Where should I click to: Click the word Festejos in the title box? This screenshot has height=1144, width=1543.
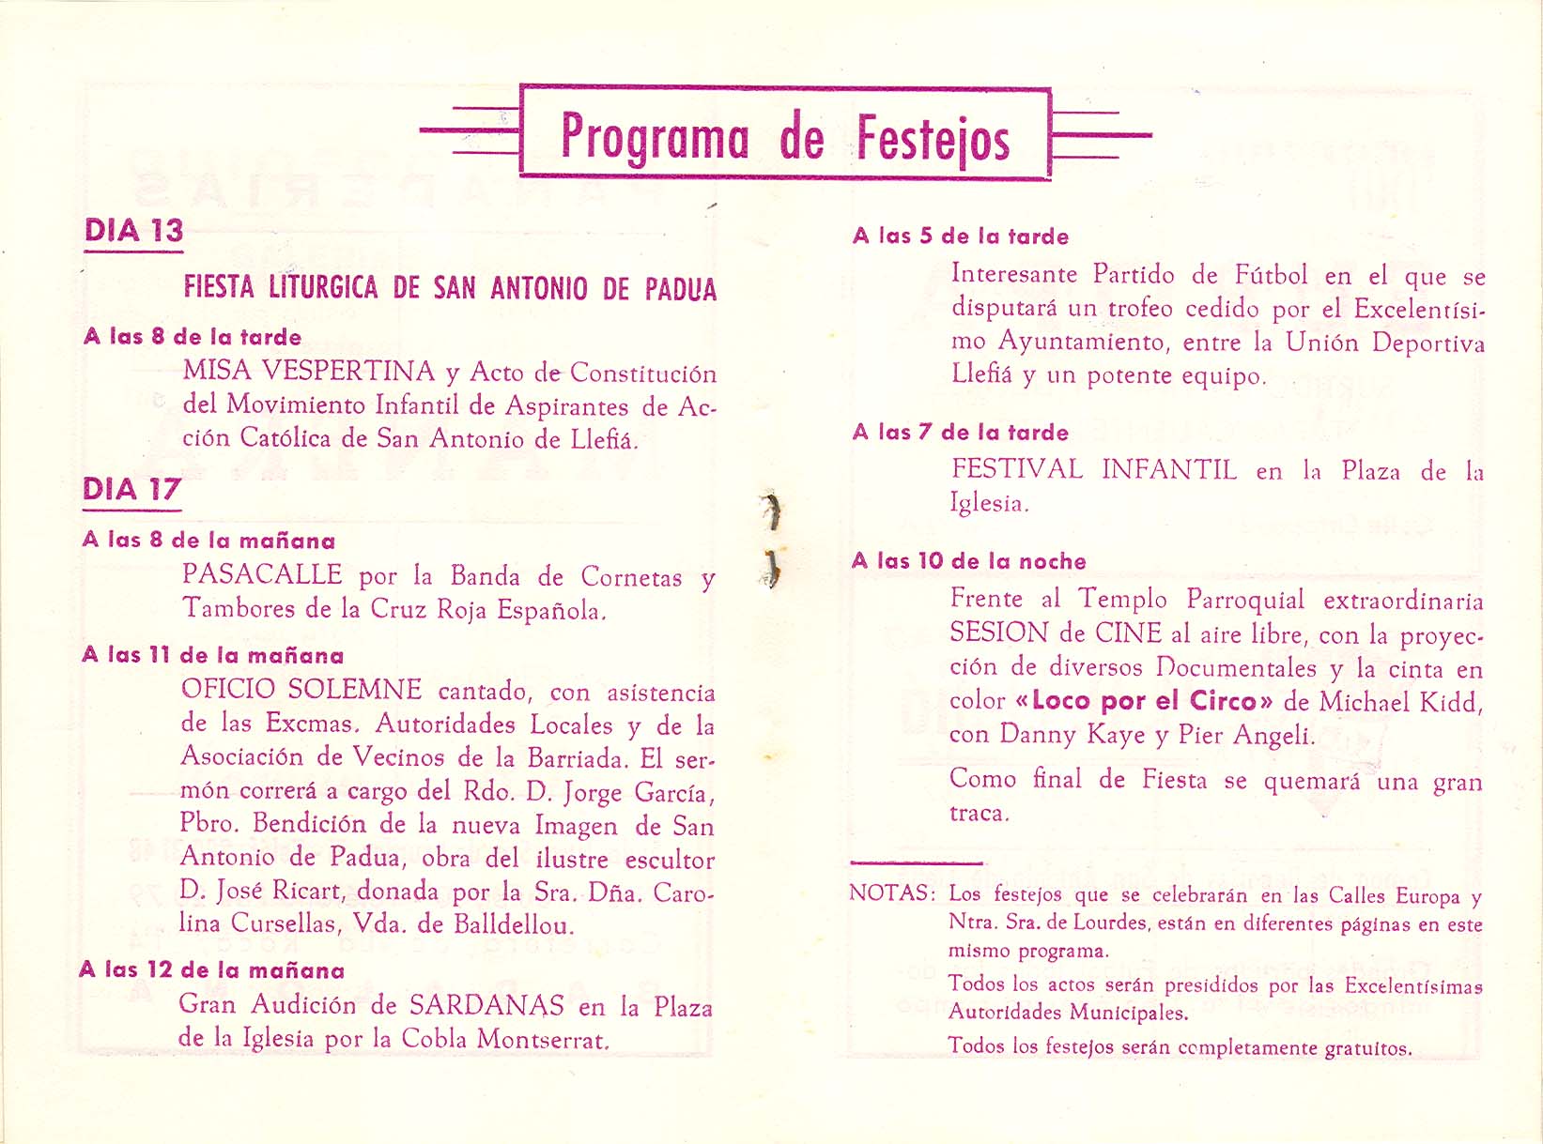[933, 138]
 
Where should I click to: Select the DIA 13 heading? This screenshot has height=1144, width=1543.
[133, 231]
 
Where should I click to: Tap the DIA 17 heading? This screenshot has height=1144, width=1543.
[131, 489]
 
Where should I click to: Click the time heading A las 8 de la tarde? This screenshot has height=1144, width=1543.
[193, 337]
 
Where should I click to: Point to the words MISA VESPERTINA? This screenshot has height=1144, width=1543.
[309, 372]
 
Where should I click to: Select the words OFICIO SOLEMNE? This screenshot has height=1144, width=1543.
[301, 690]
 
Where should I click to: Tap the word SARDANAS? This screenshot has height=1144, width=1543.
[486, 1006]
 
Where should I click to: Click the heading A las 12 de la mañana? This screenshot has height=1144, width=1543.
[212, 970]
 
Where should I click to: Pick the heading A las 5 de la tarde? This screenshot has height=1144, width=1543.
[961, 236]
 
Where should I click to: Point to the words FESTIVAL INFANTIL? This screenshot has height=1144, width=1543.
[1094, 469]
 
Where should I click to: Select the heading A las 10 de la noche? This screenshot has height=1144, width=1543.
[969, 561]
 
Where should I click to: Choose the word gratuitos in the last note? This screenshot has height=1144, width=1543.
[1368, 1048]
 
